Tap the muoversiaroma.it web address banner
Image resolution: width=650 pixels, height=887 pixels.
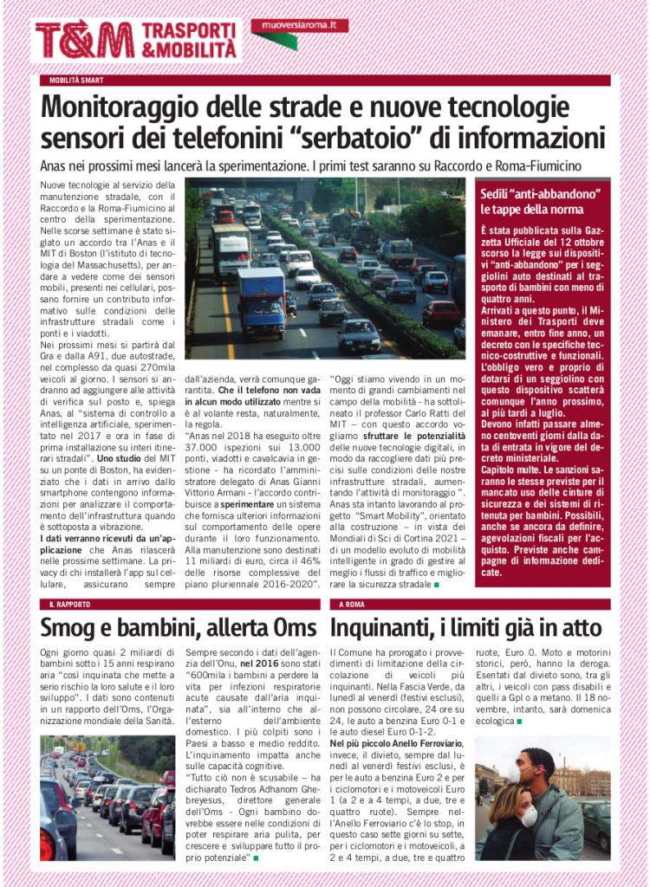coord(298,27)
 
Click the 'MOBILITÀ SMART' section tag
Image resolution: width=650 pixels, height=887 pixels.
coord(77,81)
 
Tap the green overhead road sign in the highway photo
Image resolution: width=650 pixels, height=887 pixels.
coord(338,183)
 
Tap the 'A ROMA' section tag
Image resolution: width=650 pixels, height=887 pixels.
coord(354,604)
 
